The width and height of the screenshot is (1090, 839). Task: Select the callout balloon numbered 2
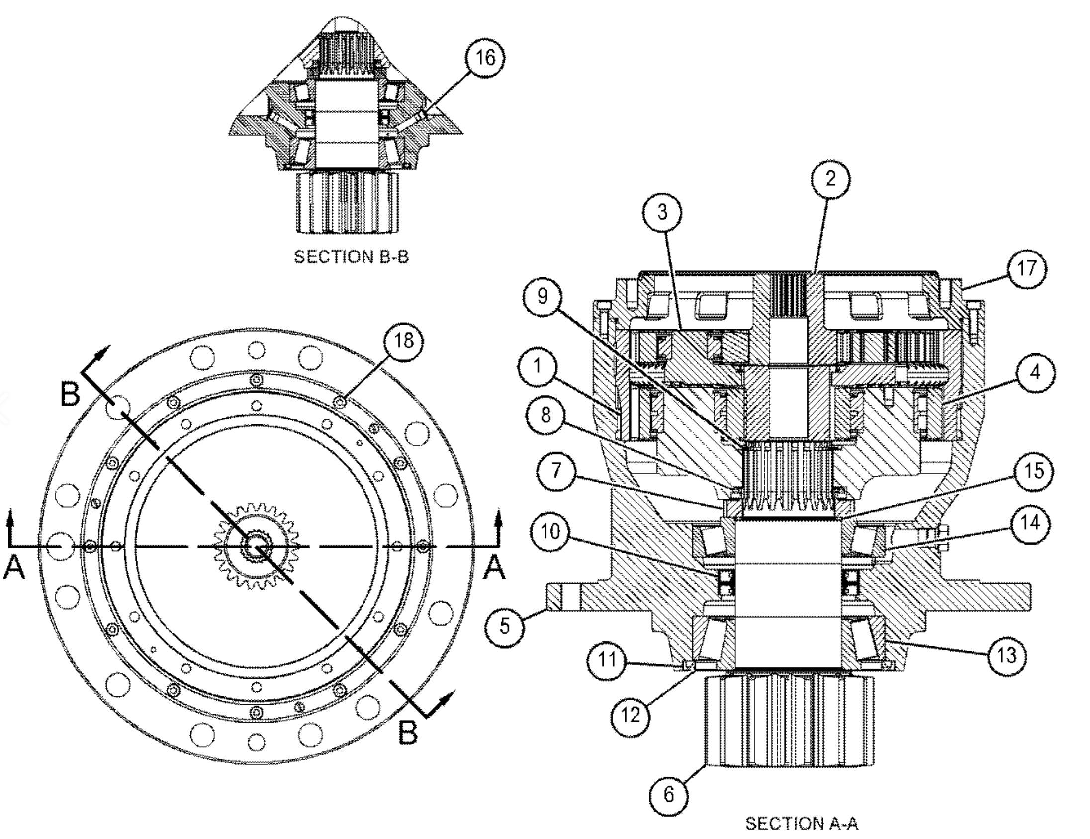830,178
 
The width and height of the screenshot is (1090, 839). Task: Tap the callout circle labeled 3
662,212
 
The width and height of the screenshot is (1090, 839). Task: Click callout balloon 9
542,296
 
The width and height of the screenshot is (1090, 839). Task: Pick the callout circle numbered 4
1035,372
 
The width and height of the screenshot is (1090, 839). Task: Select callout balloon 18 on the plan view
403,341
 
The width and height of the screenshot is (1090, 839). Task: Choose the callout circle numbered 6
668,795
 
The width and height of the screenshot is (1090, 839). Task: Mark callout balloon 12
631,716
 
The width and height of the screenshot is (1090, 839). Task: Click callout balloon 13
1006,655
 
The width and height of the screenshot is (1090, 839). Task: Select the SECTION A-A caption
801,823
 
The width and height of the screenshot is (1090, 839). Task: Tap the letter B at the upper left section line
71,394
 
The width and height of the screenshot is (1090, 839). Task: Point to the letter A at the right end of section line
494,568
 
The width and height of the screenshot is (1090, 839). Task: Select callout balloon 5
504,625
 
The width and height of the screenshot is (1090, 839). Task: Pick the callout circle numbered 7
556,470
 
